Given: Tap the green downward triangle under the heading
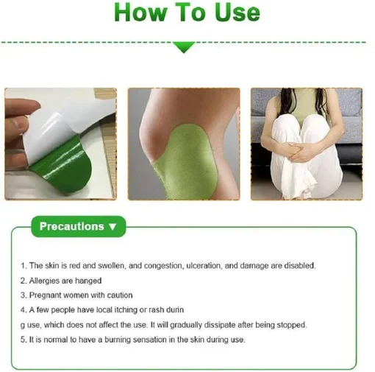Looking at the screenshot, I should click(x=184, y=47).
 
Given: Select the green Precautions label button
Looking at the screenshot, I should click(x=78, y=226).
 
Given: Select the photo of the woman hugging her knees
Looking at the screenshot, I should click(x=306, y=144).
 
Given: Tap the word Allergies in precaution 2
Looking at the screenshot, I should click(x=46, y=280).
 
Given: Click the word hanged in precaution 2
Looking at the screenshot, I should click(x=89, y=280).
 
